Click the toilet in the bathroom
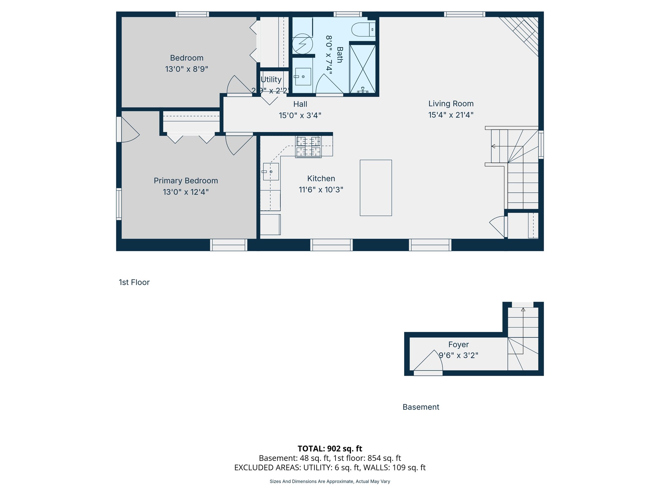pos(363,30)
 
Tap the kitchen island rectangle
pos(376,188)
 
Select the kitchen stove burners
pos(308,147)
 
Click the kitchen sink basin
pos(271,171)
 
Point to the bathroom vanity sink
pos(303,77)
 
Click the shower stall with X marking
pos(363,69)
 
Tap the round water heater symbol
pos(302,44)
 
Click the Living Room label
pos(451,104)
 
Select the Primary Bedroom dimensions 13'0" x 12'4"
pos(186,192)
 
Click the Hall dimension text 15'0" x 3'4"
pos(300,115)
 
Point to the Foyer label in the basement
pos(458,345)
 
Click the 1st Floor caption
pos(134,282)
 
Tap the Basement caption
pos(421,407)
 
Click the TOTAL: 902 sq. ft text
pos(330,449)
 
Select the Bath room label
pos(340,55)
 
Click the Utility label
pos(271,80)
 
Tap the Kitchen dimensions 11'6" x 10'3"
pos(321,190)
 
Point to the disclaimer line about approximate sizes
pos(330,481)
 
